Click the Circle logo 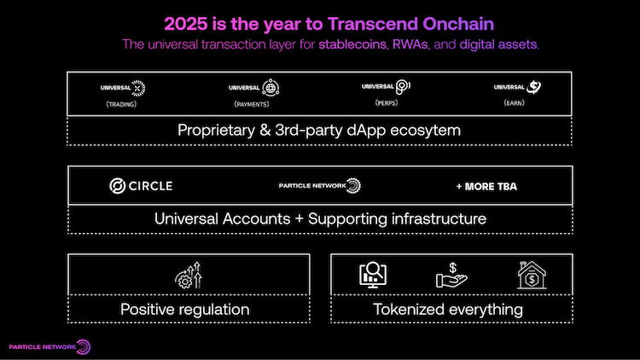[141, 185]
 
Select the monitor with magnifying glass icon [373, 275]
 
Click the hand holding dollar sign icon [451, 275]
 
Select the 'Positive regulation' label [184, 309]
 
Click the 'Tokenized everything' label [448, 309]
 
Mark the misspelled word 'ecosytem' [425, 131]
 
